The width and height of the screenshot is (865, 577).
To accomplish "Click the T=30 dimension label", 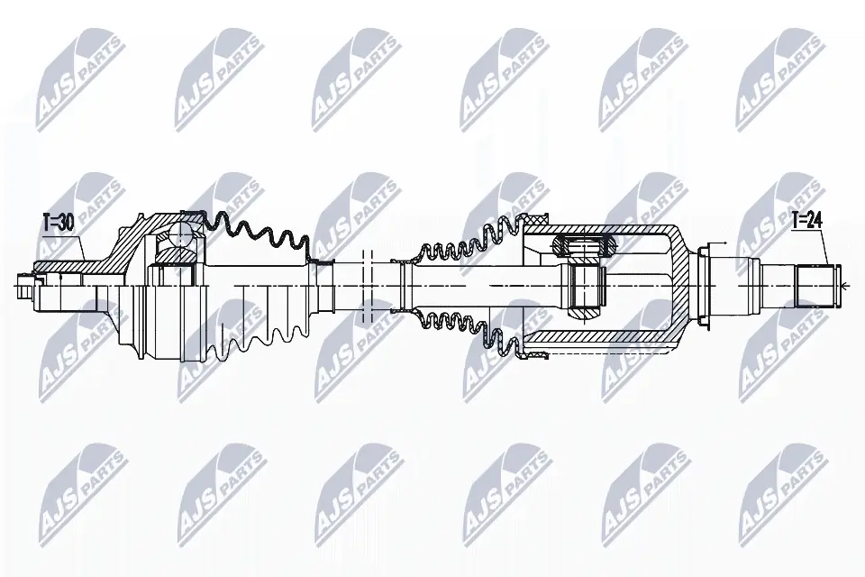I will coord(59,221).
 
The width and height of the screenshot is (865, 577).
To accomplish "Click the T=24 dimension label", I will coord(807,218).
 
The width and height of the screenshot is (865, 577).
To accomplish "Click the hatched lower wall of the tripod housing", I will coord(613,341).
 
